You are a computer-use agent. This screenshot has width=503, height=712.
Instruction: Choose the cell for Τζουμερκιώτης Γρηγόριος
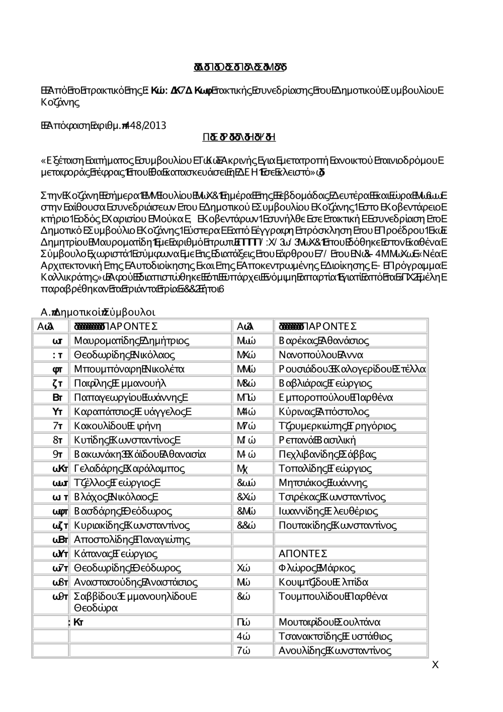[337, 426]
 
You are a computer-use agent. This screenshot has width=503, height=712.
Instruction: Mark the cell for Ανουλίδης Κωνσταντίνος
[334, 650]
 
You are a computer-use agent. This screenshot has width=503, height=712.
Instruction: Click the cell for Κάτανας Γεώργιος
[115, 554]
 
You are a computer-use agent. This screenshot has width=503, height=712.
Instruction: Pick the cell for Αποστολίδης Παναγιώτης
[132, 540]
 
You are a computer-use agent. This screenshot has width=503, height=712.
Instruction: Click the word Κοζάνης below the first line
[60, 102]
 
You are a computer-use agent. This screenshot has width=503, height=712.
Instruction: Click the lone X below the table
[435, 665]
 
